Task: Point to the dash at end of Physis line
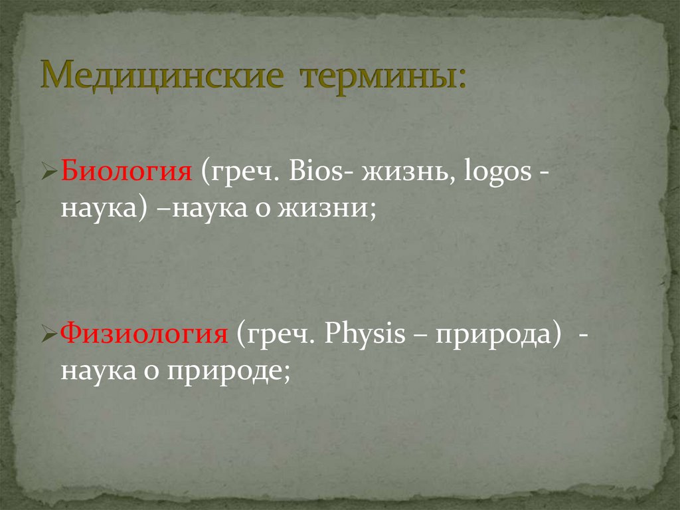[582, 335]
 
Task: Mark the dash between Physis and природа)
[420, 335]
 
